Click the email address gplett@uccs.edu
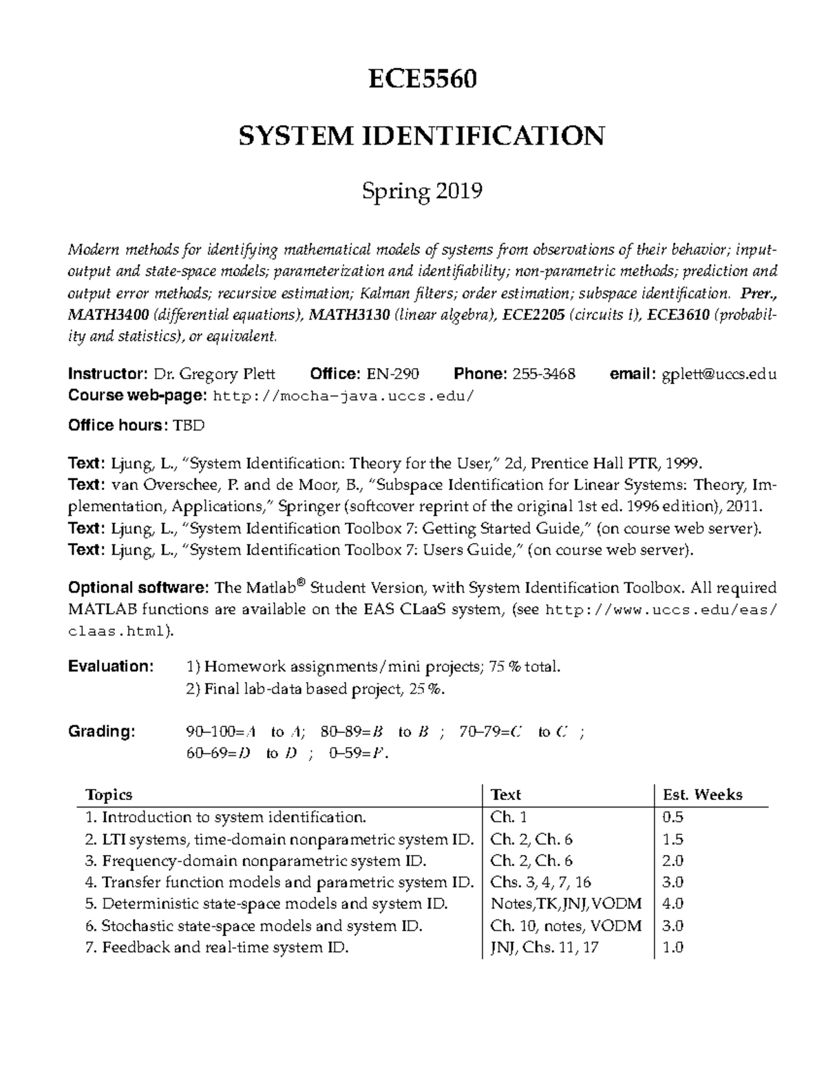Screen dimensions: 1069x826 [x=719, y=374]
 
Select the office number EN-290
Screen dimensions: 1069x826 [x=392, y=374]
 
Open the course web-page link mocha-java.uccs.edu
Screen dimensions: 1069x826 [x=344, y=396]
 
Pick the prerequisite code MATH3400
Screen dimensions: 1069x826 [x=108, y=315]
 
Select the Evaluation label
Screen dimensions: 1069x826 [x=110, y=666]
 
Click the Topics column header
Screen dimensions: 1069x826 [x=109, y=795]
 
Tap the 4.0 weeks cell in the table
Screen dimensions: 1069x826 [x=673, y=904]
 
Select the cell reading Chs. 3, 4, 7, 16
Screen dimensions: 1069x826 [x=540, y=882]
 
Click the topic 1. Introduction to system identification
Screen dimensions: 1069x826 [x=226, y=817]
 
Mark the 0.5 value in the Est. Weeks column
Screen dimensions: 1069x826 [x=673, y=817]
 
